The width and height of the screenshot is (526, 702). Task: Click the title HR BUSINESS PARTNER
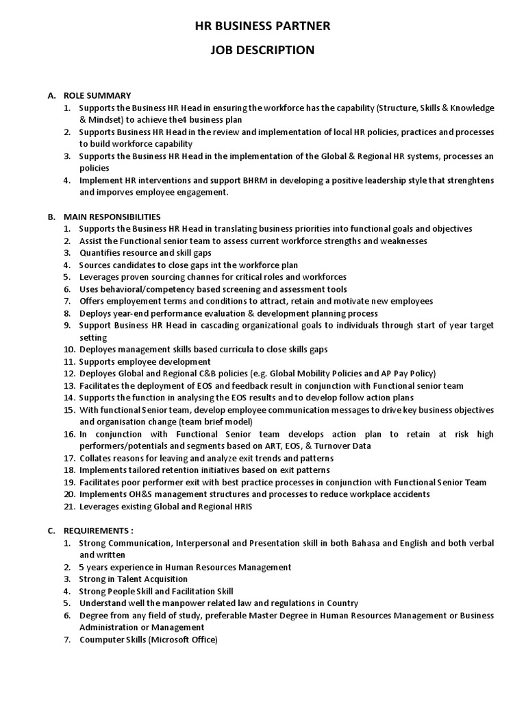pyautogui.click(x=263, y=26)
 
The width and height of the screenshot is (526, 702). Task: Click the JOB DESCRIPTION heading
pyautogui.click(x=263, y=50)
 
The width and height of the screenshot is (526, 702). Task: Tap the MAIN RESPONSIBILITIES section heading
pyautogui.click(x=112, y=217)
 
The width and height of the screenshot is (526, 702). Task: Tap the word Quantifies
pyautogui.click(x=100, y=253)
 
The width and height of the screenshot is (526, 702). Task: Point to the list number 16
pyautogui.click(x=68, y=434)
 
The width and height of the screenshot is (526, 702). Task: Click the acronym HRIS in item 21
pyautogui.click(x=240, y=506)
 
